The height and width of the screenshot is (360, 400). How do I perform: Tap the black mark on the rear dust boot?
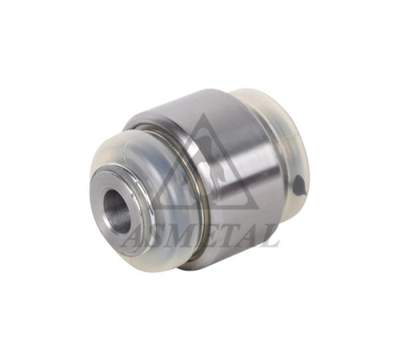(298, 185)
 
